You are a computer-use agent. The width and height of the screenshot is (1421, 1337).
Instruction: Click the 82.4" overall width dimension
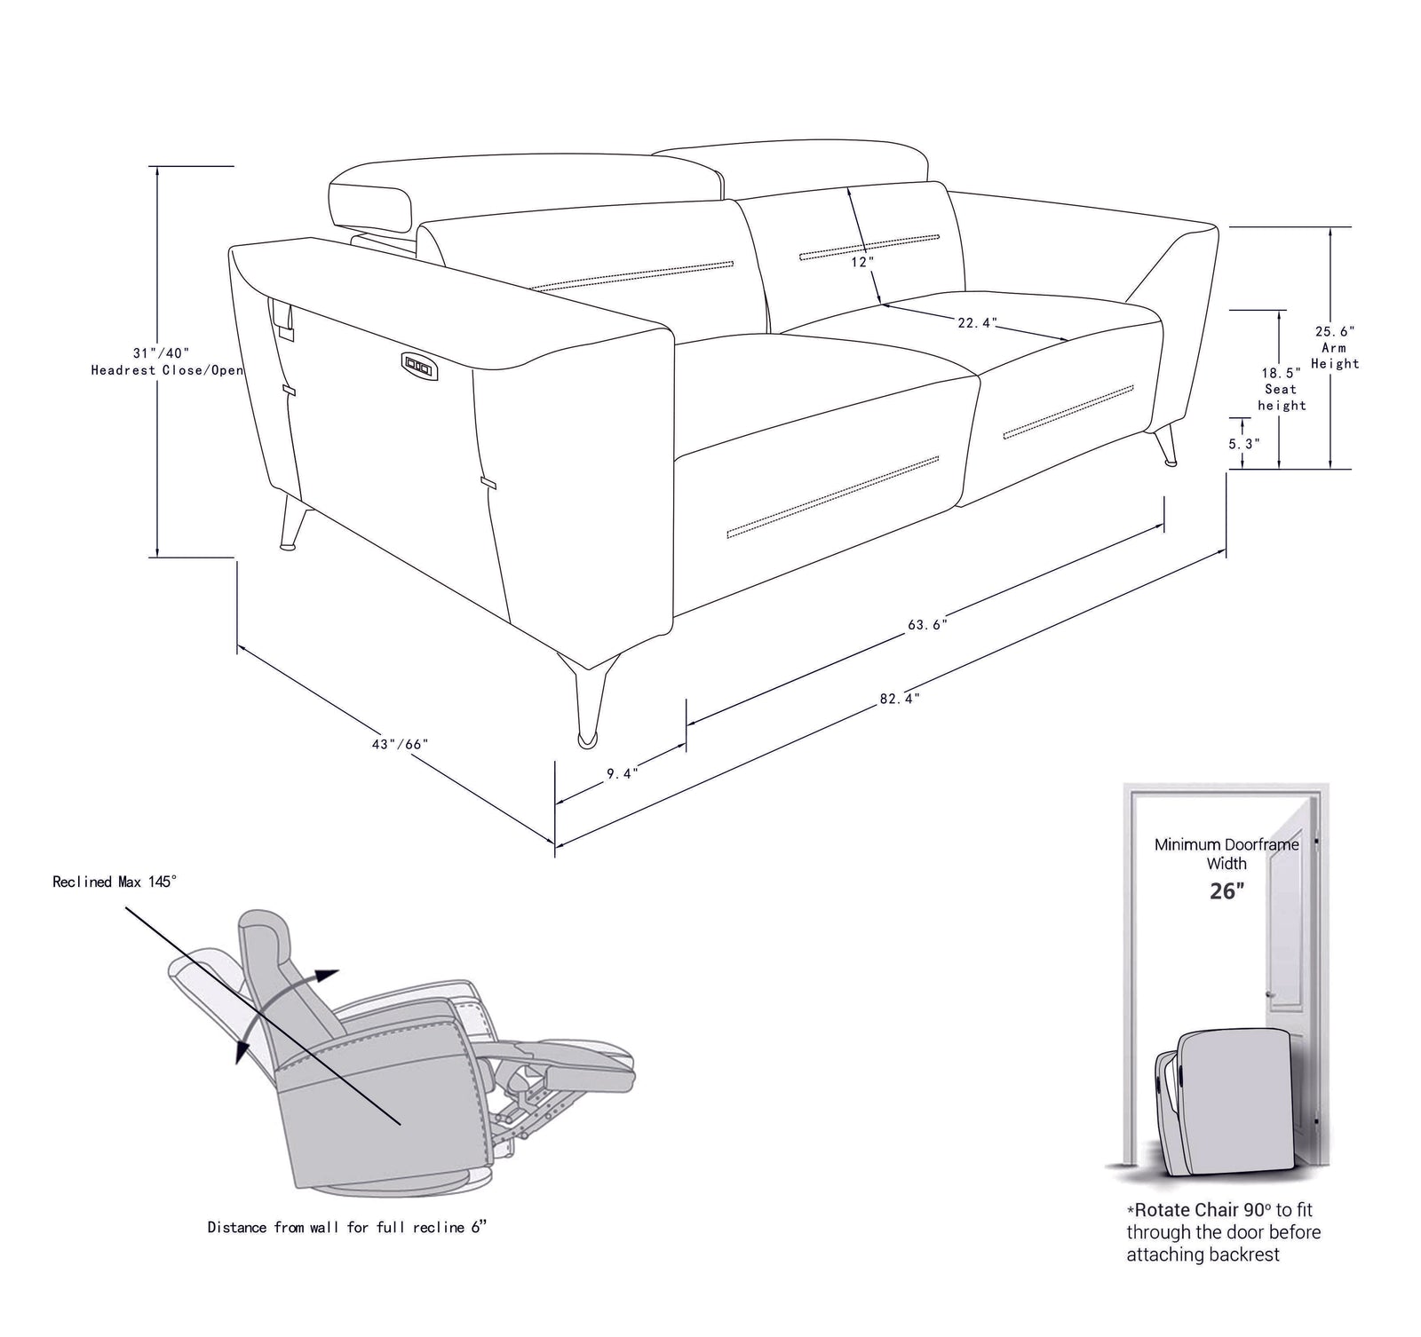click(900, 699)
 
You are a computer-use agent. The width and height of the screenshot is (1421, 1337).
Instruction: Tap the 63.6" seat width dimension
click(927, 624)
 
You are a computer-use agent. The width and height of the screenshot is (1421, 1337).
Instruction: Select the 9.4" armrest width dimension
click(622, 773)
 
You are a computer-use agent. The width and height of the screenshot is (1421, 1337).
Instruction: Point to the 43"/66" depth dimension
click(401, 744)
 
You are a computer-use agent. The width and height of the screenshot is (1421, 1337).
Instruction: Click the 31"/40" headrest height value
click(162, 352)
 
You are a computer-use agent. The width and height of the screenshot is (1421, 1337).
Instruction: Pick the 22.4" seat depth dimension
click(977, 323)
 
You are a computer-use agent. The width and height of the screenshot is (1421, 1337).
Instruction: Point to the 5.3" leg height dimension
click(1244, 443)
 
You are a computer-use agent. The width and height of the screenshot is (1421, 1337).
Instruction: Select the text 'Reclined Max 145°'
click(115, 882)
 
